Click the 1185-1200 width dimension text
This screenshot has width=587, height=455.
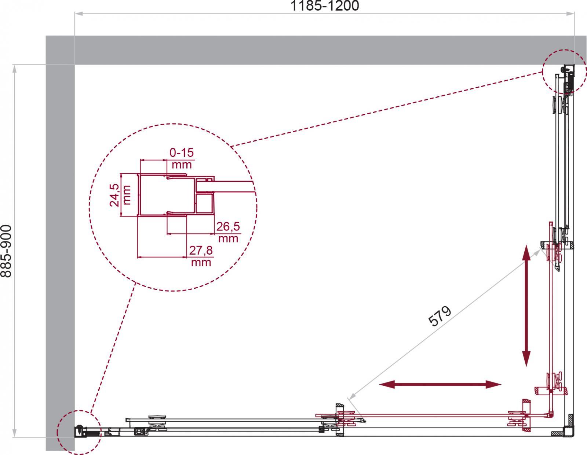(x=324, y=5)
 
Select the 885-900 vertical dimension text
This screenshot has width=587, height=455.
(x=6, y=251)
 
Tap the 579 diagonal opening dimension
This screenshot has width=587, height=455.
(x=440, y=316)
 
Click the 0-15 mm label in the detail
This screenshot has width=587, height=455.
(x=182, y=158)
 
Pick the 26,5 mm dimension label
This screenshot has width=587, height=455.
(x=228, y=232)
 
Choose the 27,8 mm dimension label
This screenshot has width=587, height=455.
(x=201, y=256)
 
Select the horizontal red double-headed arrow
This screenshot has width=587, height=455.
(x=440, y=384)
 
